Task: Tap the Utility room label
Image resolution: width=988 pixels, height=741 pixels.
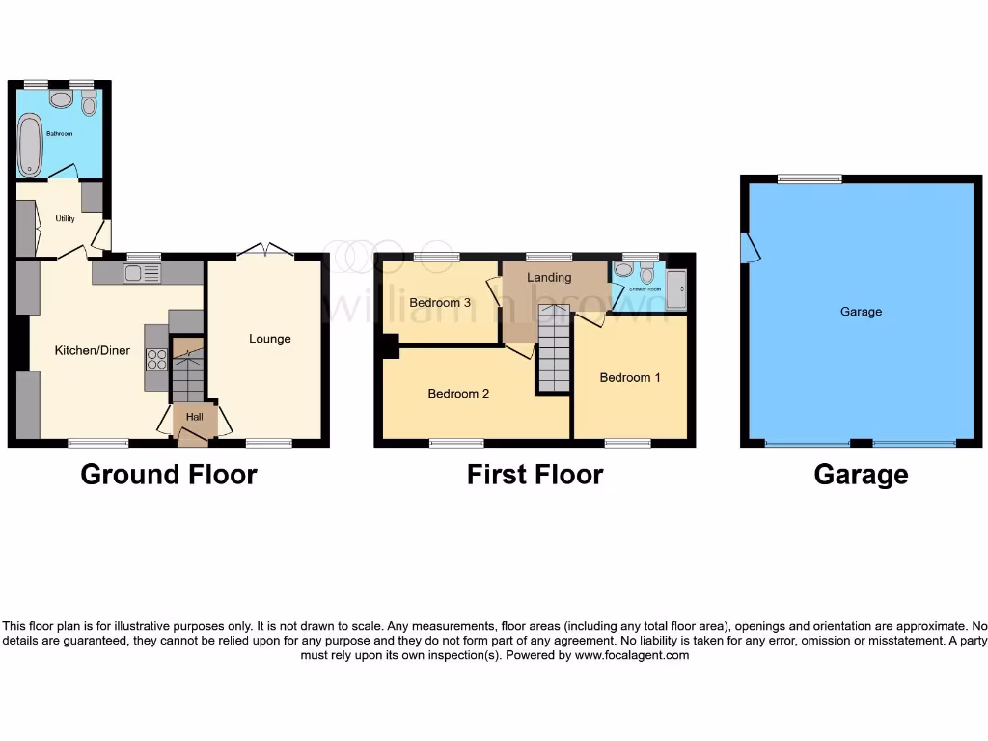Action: [x=65, y=219]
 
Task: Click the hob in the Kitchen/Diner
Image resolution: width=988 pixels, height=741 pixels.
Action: [x=156, y=360]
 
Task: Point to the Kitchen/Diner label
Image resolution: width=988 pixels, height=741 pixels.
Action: [x=92, y=350]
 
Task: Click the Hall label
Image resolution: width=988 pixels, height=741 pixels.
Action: [x=194, y=417]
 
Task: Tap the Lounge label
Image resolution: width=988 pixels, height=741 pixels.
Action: [x=269, y=339]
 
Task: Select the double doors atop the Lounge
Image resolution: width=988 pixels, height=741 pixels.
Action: [x=265, y=250]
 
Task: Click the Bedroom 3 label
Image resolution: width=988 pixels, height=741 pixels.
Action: [x=440, y=303]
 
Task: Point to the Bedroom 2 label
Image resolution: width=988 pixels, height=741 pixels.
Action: [x=458, y=394]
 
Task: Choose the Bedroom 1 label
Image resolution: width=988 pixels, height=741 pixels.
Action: [x=630, y=377]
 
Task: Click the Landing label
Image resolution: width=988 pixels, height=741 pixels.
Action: [x=549, y=278]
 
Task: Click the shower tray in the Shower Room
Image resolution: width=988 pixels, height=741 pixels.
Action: [x=677, y=286]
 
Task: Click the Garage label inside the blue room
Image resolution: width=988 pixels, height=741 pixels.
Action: [x=861, y=312]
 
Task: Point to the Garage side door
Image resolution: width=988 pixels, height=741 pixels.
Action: [x=750, y=247]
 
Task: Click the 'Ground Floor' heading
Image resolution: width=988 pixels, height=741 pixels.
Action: [x=169, y=475]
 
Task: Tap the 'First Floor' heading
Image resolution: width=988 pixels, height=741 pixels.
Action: [x=535, y=475]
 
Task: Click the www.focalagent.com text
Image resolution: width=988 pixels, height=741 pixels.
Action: [x=633, y=655]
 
